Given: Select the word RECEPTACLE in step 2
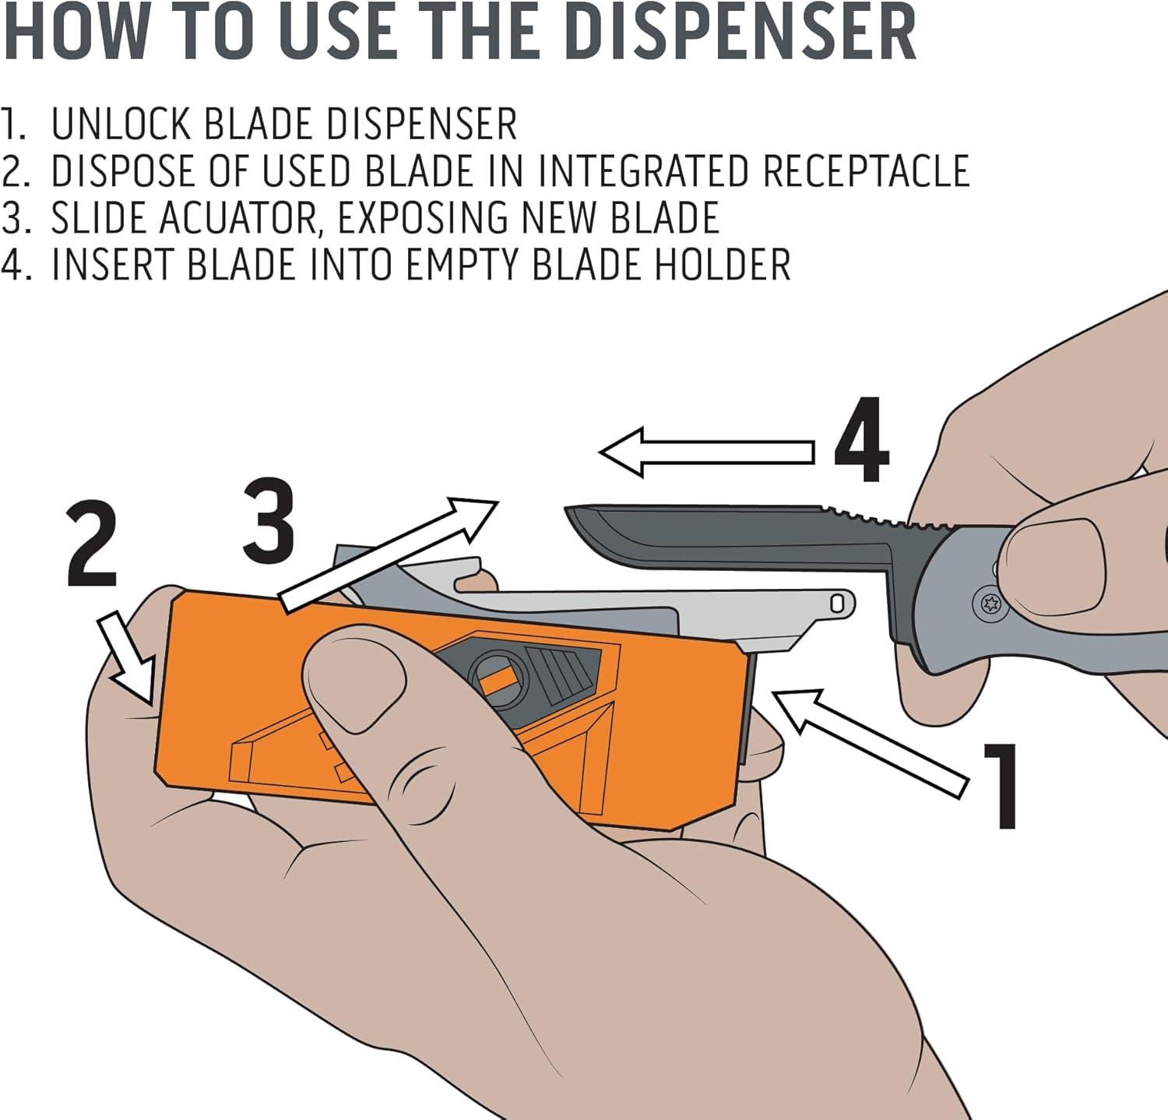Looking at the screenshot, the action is (x=866, y=171).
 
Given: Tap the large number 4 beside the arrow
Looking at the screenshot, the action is (x=862, y=441).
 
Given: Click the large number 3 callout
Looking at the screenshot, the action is (x=267, y=520).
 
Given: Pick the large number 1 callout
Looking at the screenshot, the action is (x=1001, y=785).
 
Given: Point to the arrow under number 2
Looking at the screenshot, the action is (x=129, y=658).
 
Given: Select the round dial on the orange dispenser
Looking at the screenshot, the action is (x=497, y=678).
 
